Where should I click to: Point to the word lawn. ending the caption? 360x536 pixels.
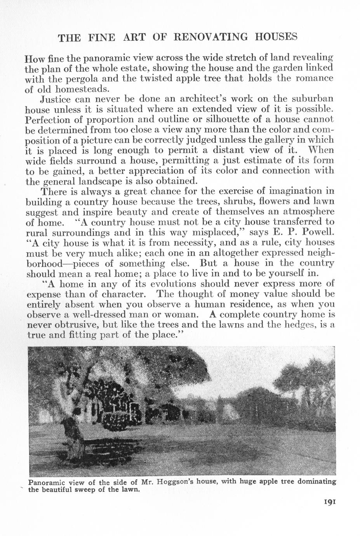[x=129, y=489]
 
